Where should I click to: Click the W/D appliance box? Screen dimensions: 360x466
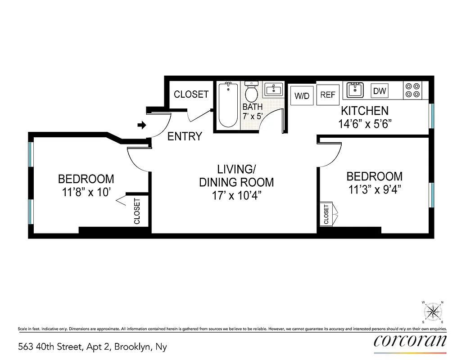pos(302,95)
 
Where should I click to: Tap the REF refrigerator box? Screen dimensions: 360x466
pos(328,95)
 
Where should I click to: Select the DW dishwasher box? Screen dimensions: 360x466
pos(380,91)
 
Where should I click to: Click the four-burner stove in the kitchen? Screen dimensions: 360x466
pos(412,90)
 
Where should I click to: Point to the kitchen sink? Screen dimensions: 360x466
pos(356,90)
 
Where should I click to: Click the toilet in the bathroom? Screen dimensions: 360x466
pos(251,92)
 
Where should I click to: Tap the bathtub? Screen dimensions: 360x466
pos(228,105)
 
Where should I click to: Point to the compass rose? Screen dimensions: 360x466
pos(433,311)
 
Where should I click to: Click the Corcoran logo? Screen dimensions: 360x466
pos(410,341)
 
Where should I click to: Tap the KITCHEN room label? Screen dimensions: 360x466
pos(364,111)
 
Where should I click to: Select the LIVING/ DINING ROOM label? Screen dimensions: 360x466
pos(236,176)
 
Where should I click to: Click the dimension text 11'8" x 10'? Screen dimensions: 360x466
pos(86,193)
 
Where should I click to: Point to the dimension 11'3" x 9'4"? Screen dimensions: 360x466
pos(374,189)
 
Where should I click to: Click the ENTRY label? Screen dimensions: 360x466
pos(185,136)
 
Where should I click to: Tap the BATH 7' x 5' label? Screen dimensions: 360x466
pos(253,111)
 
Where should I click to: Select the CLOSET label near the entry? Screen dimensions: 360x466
pos(191,94)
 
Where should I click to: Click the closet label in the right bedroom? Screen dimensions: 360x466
pos(326,214)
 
